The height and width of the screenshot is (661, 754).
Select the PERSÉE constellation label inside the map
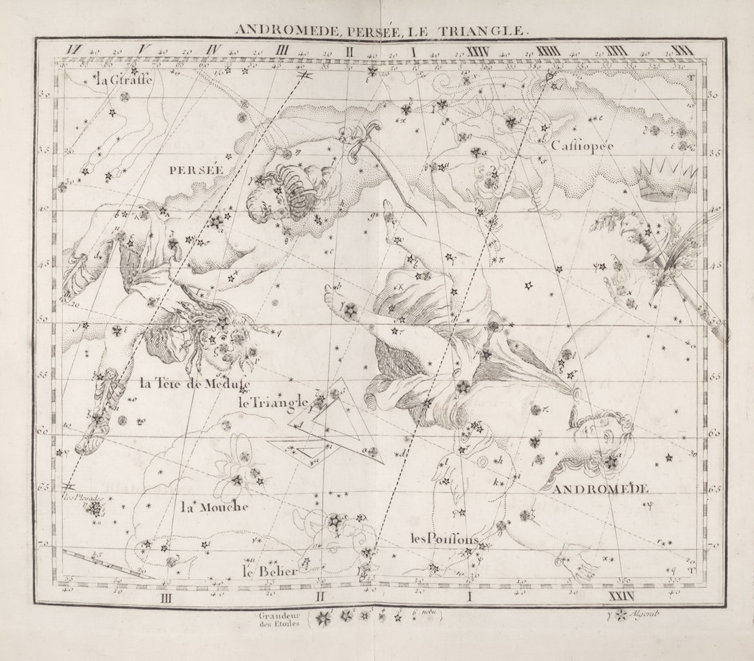pyautogui.click(x=196, y=170)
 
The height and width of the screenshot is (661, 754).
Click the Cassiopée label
pyautogui.click(x=582, y=146)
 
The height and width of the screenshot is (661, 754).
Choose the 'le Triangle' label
pyautogui.click(x=273, y=402)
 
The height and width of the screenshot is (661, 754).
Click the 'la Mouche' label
pyautogui.click(x=214, y=507)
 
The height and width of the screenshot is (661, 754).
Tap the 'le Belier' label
pyautogui.click(x=269, y=571)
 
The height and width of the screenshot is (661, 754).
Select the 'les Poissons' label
pyautogui.click(x=444, y=539)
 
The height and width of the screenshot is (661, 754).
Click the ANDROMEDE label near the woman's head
pyautogui.click(x=600, y=489)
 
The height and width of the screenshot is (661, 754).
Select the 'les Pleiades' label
pyautogui.click(x=83, y=498)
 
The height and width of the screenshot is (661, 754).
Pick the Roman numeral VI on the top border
pyautogui.click(x=73, y=50)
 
